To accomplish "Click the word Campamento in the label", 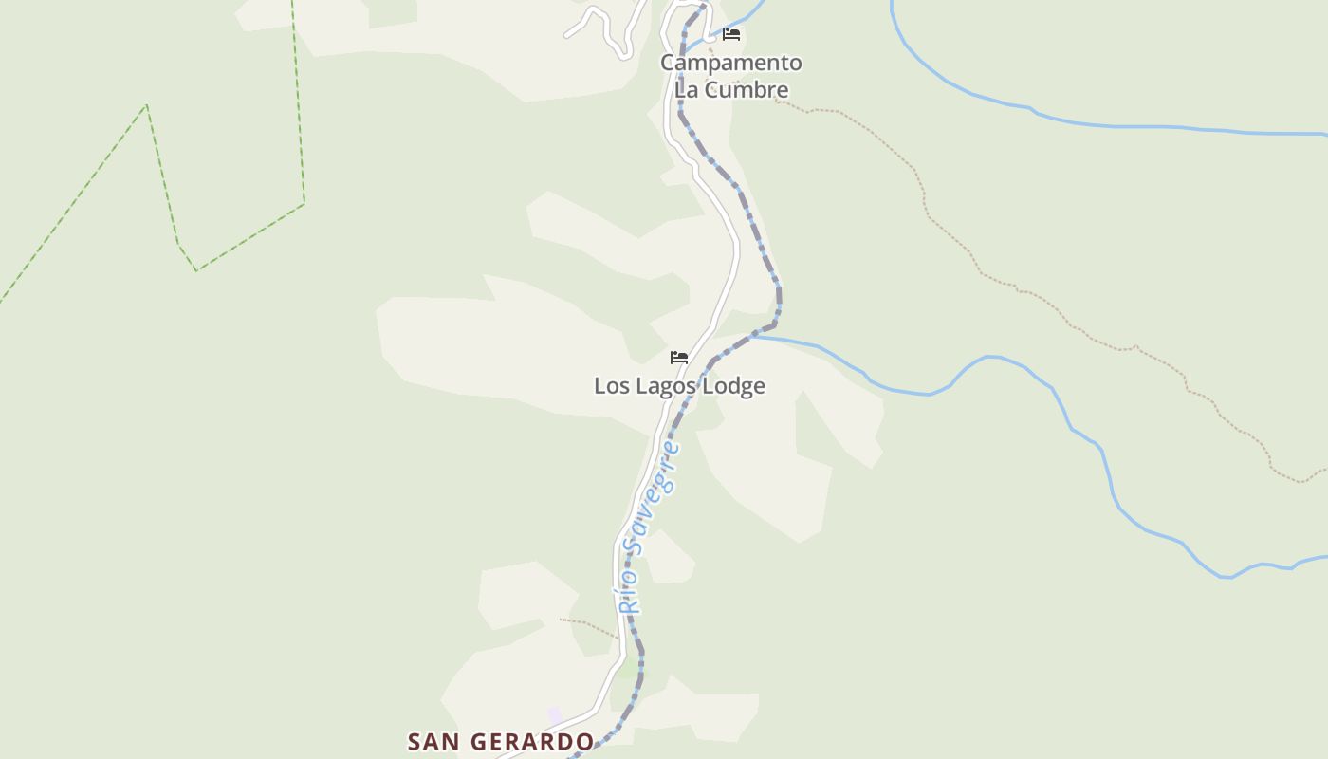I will pyautogui.click(x=730, y=63).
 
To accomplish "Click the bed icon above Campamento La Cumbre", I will pyautogui.click(x=731, y=33).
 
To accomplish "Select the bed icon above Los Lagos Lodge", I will pyautogui.click(x=679, y=358).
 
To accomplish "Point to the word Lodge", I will pyautogui.click(x=731, y=386).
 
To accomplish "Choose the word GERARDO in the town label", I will pyautogui.click(x=527, y=741).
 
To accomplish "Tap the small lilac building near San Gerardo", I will pyautogui.click(x=555, y=714).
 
